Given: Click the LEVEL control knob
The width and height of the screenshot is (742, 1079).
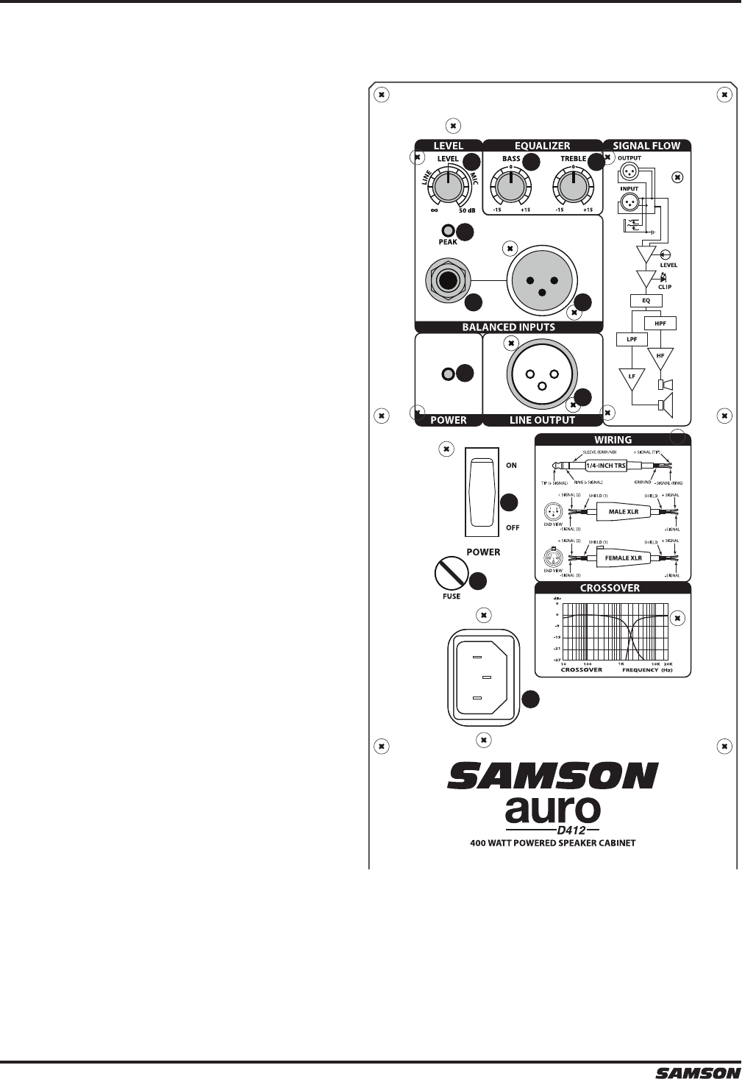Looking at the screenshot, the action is [x=446, y=188].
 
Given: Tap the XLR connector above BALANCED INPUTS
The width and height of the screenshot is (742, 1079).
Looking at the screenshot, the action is [x=541, y=281].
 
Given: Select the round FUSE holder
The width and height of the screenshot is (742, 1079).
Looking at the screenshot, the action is [x=452, y=571].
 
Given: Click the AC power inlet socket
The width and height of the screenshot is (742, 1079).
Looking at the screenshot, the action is [x=482, y=677].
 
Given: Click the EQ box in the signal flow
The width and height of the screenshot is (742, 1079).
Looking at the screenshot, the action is [x=646, y=300].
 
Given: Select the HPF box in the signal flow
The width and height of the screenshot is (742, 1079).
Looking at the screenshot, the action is [x=660, y=323].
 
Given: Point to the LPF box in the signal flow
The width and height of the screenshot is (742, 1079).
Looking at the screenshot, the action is [x=631, y=339].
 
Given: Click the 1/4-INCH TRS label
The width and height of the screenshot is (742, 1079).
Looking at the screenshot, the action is [x=604, y=465].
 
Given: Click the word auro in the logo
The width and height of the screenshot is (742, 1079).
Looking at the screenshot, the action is [x=553, y=810].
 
